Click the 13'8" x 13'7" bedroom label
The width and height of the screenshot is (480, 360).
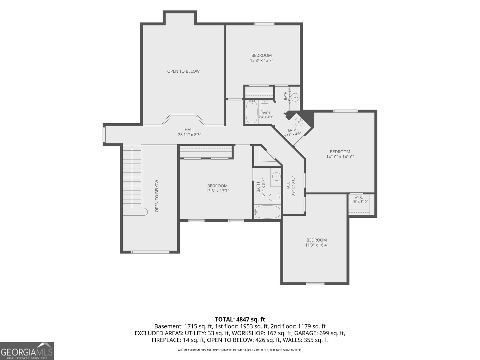(262, 58)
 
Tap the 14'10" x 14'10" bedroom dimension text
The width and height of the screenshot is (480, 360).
(340, 157)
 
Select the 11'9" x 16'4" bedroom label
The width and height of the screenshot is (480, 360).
(316, 242)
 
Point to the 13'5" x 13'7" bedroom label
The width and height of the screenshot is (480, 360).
(217, 188)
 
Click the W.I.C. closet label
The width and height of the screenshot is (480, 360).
(358, 199)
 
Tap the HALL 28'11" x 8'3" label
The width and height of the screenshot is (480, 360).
(189, 132)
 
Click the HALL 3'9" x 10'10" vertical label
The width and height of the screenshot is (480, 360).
(291, 186)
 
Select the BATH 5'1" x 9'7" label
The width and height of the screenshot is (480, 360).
(261, 187)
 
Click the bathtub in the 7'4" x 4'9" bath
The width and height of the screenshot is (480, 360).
(252, 112)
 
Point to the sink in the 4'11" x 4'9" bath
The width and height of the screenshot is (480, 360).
(298, 122)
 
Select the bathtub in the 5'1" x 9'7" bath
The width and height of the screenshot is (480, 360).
(267, 212)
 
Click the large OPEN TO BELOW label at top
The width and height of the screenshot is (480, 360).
(183, 71)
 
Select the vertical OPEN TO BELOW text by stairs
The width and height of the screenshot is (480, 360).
(157, 196)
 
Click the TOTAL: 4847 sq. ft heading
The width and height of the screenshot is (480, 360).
(240, 319)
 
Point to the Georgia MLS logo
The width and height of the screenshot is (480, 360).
(27, 351)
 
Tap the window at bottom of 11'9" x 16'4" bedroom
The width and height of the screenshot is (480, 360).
(315, 284)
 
